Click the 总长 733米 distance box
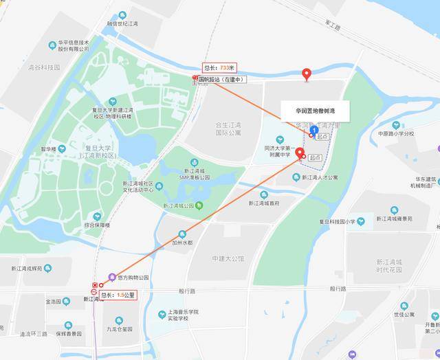219,67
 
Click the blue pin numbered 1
314,129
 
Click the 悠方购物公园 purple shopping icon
113,277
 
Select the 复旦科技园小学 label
351,221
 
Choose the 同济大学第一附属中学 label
278,151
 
